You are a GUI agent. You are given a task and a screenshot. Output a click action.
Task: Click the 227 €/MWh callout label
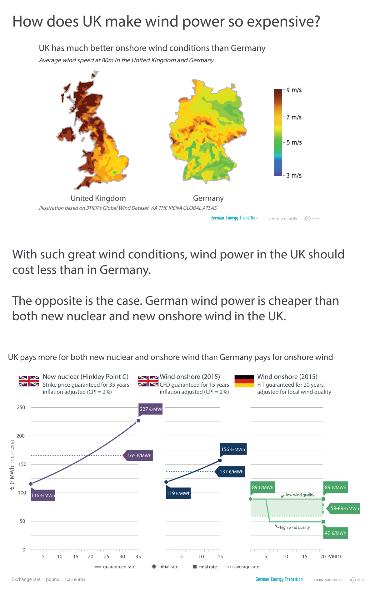151,409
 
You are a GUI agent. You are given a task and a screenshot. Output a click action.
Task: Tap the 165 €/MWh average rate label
139,455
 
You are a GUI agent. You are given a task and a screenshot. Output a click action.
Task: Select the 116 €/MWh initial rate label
43,495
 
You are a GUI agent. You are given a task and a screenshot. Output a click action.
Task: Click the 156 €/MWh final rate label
233,449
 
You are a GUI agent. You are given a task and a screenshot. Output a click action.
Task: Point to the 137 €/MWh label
231,471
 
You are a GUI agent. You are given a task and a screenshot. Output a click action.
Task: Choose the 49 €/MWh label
335,533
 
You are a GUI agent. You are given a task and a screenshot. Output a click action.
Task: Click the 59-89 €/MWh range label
344,508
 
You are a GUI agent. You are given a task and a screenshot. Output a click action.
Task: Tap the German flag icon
244,381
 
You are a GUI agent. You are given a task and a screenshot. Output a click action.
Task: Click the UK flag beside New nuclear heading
29,381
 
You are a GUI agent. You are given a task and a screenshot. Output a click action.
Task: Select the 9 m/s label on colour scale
294,90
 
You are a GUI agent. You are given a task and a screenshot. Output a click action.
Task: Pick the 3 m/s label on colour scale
294,175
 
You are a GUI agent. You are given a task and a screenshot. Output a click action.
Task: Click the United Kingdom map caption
98,198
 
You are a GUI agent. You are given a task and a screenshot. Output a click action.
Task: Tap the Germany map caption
208,198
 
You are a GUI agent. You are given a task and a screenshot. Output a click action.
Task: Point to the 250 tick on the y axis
21,407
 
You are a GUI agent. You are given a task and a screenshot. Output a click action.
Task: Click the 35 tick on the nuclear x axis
138,557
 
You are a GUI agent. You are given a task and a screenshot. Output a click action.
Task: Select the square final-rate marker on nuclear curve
138,421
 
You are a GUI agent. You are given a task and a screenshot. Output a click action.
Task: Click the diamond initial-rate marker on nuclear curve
31,484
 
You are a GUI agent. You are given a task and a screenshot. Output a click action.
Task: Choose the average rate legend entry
242,567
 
